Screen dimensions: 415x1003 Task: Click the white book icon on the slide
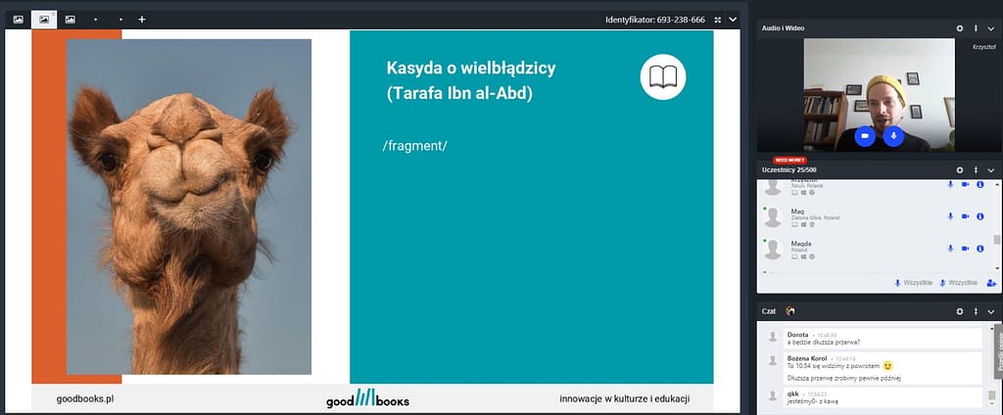[663, 77]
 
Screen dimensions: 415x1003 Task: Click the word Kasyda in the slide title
[417, 69]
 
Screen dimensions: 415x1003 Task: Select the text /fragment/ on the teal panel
[414, 146]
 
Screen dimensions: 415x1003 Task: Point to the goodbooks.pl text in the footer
[85, 399]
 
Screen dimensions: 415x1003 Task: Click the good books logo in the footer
[367, 399]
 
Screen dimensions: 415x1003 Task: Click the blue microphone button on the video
[892, 136]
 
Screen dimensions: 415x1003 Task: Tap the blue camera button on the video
[864, 136]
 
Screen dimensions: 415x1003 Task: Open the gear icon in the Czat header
[960, 311]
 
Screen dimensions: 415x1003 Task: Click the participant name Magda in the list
[801, 243]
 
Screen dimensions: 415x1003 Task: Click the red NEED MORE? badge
[789, 160]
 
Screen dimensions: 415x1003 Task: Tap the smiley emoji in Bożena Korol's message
[887, 365]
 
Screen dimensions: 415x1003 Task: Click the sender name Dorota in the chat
[798, 335]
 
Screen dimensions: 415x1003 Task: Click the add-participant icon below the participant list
[991, 282]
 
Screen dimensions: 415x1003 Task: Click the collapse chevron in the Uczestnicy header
[990, 169]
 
